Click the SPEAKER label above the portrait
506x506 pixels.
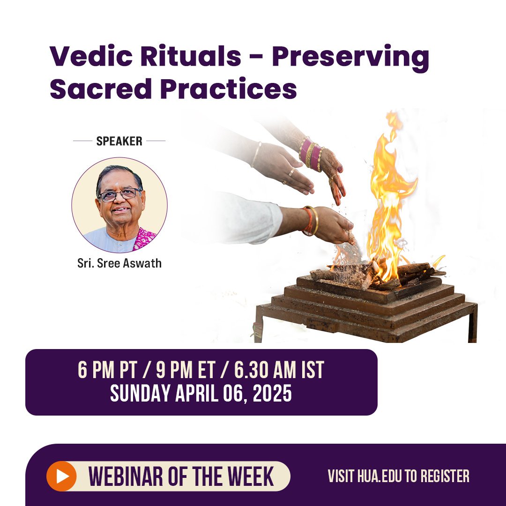coord(119,141)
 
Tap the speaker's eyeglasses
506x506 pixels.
coord(119,194)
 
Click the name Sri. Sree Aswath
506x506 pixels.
coord(119,263)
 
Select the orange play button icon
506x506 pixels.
coord(61,476)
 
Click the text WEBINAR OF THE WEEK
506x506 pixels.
coord(181,476)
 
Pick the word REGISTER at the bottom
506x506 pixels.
coord(442,476)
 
